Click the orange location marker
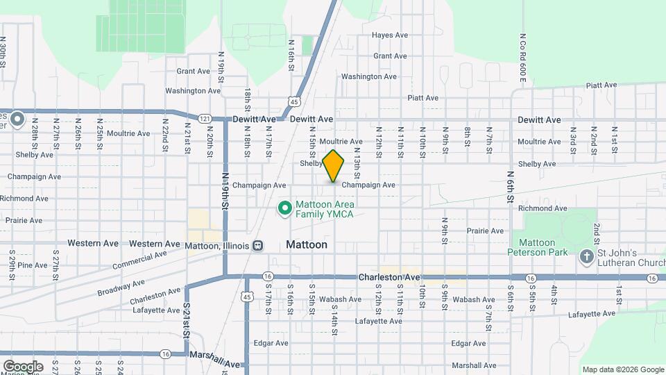(334, 165)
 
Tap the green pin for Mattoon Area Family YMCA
(284, 208)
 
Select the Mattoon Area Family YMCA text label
(325, 209)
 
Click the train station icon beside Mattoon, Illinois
(257, 245)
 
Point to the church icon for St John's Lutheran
(587, 257)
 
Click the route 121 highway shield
(205, 119)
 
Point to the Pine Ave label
(33, 265)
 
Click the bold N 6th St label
(510, 188)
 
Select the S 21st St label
(187, 320)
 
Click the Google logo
(23, 366)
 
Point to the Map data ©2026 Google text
(622, 369)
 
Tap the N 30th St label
(3, 51)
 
